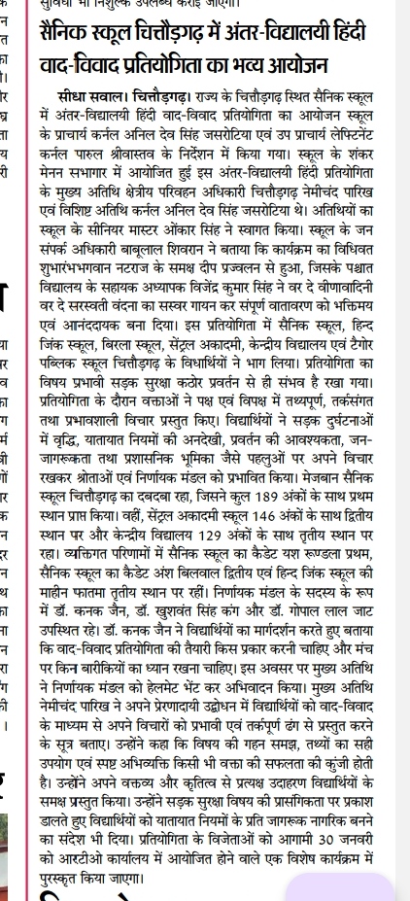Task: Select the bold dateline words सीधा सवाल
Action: pyautogui.click(x=92, y=99)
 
